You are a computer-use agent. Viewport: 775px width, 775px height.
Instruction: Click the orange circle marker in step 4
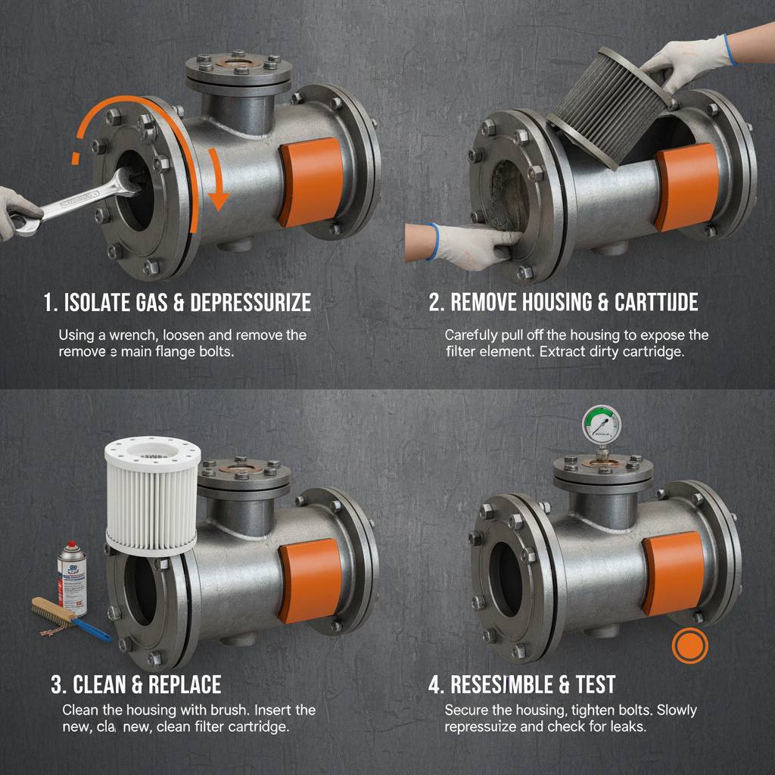(689, 646)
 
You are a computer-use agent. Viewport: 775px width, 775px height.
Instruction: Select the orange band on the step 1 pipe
(312, 182)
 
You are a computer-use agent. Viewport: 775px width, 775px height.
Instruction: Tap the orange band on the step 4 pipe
(674, 572)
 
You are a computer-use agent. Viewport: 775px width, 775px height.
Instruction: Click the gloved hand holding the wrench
(17, 215)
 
